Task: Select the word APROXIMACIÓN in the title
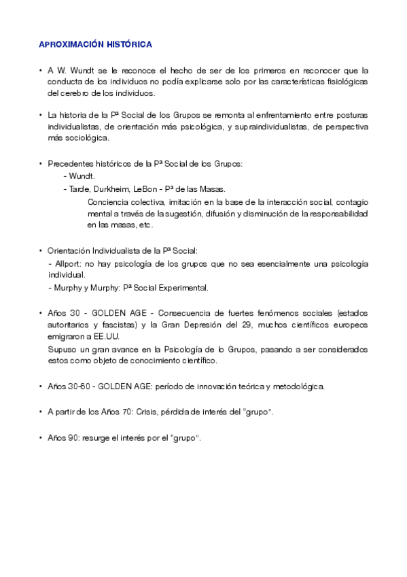click(x=71, y=44)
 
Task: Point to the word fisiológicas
click(x=344, y=82)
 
